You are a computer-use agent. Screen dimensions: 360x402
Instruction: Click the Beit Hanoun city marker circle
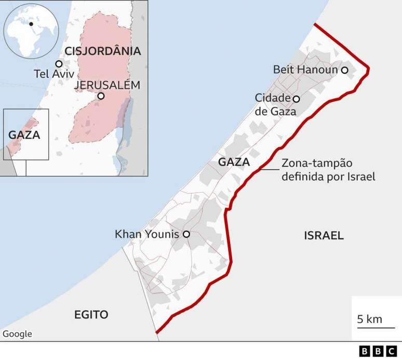point(344,70)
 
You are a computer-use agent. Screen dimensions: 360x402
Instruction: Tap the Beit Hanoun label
point(306,70)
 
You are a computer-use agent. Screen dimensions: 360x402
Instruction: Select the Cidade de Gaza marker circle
point(296,99)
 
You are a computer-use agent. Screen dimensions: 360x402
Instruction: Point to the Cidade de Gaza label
point(275,104)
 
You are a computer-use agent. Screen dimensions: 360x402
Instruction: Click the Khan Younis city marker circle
point(186,234)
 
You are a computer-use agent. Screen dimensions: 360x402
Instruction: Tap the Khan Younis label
point(147,234)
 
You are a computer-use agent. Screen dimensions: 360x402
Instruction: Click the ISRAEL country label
point(324,236)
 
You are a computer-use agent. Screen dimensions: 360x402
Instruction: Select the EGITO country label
point(91,314)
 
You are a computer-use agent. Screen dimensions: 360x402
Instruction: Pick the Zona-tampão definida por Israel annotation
point(328,170)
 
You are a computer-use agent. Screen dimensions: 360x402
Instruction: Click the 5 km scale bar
point(369,319)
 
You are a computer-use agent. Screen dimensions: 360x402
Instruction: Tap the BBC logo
point(378,352)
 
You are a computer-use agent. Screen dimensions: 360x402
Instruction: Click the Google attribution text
point(17,334)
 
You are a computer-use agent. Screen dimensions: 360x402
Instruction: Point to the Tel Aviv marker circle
point(59,64)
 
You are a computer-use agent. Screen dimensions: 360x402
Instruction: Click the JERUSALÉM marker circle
point(101,96)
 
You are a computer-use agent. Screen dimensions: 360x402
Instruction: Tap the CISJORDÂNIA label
point(103,51)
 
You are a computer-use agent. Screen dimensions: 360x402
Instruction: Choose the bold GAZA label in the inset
point(24,135)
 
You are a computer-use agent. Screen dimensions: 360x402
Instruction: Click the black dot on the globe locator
point(31,24)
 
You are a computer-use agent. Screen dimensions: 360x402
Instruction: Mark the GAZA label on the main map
point(234,162)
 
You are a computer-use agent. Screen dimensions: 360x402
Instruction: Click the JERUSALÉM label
point(107,85)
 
